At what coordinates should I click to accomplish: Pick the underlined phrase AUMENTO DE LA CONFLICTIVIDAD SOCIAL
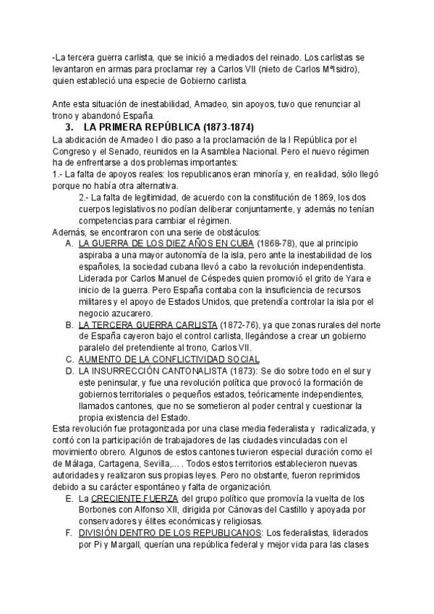coord(169,360)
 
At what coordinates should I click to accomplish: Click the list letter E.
coord(68,499)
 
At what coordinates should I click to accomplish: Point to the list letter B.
coord(68,325)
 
